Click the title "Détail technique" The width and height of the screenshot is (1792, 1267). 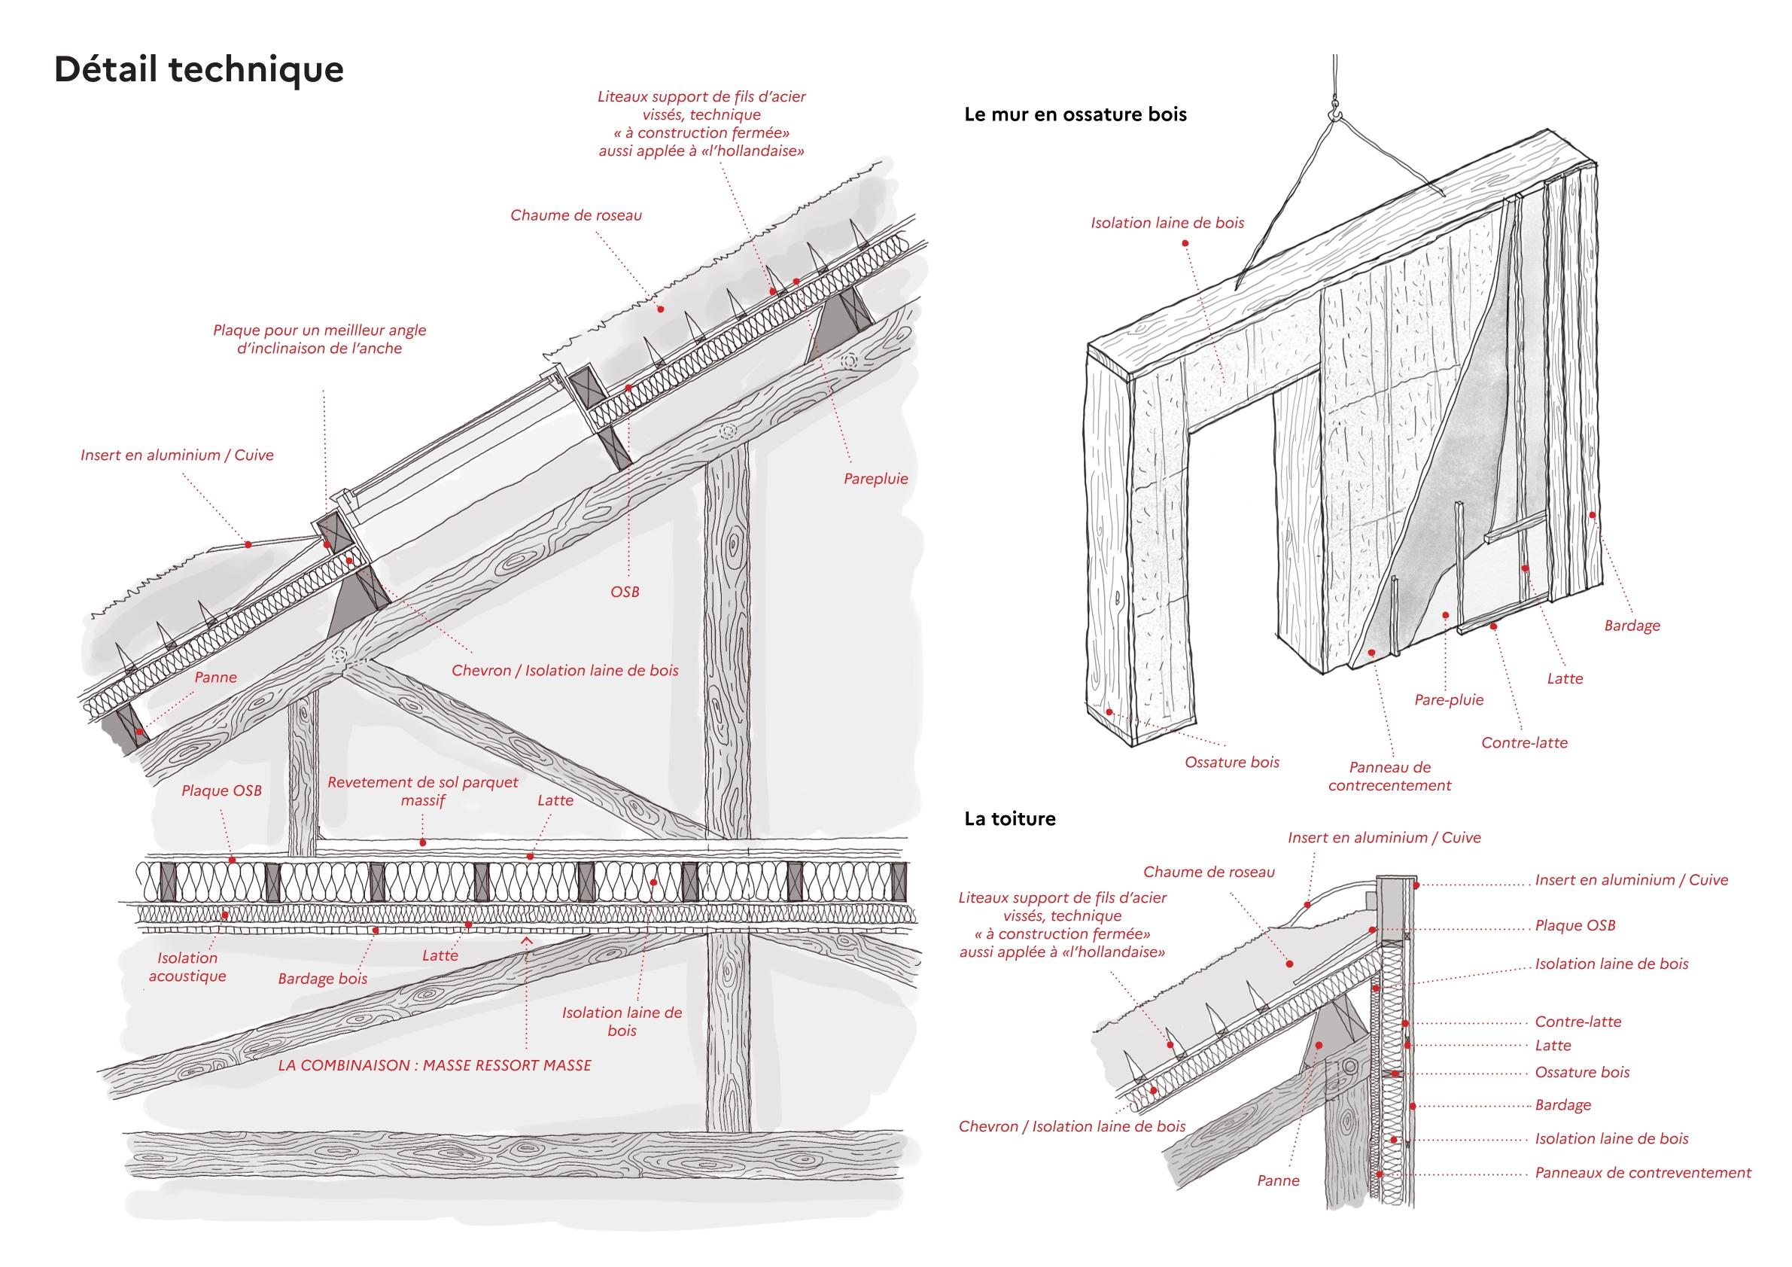point(199,69)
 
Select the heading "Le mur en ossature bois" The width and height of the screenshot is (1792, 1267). point(1076,114)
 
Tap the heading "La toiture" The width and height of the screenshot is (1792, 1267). point(1010,819)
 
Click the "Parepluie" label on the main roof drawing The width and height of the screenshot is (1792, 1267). point(876,479)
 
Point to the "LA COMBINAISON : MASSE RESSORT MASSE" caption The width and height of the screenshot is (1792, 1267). point(435,1064)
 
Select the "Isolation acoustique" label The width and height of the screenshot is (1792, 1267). point(187,967)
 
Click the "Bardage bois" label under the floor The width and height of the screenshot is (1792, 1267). point(322,978)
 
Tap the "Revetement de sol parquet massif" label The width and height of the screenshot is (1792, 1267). point(423,790)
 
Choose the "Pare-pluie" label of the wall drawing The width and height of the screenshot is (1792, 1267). point(1449,700)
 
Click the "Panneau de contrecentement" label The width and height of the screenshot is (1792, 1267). point(1389,777)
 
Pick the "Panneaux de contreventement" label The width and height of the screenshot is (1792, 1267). point(1643,1173)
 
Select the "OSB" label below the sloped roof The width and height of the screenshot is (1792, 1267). point(625,592)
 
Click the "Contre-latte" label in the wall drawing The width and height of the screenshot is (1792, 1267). point(1524,742)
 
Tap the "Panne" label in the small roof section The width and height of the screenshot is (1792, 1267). point(1279,1181)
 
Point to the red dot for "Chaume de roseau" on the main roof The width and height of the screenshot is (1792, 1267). point(660,309)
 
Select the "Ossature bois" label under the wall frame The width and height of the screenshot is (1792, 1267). point(1231,762)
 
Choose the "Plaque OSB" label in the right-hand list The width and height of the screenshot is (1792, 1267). point(1575,925)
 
